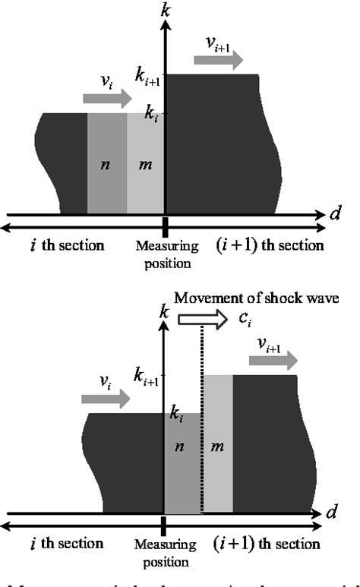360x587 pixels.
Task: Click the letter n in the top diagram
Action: click(106, 165)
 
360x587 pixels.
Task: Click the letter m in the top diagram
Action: click(145, 165)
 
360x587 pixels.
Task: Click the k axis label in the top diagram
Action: click(164, 11)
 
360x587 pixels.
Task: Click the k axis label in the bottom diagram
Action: click(164, 311)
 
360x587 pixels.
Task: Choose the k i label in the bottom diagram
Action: click(176, 417)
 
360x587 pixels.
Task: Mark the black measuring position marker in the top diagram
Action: click(164, 225)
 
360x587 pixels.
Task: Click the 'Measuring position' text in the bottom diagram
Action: click(164, 551)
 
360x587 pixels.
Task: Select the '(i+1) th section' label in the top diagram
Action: click(270, 245)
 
